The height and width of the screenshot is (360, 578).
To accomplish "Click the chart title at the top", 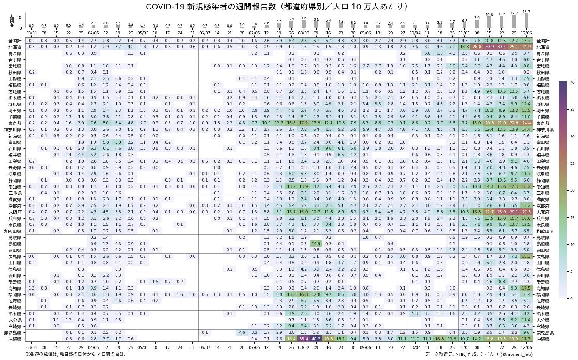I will pyautogui.click(x=277, y=6).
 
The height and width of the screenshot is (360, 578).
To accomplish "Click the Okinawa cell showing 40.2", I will pyautogui.click(x=316, y=339).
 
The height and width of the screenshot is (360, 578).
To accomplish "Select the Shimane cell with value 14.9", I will pyautogui.click(x=316, y=244).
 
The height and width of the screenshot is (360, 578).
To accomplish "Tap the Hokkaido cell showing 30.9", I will pyautogui.click(x=489, y=47).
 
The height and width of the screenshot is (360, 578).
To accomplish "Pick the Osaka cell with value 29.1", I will pyautogui.click(x=514, y=212).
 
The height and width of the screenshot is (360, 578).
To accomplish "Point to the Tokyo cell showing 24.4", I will pyautogui.click(x=526, y=123).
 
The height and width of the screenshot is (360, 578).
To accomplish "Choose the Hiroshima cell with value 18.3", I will pyautogui.click(x=526, y=257).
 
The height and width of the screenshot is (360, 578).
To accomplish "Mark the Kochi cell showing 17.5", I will pyautogui.click(x=526, y=288).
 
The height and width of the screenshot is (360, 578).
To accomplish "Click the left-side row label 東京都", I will pyautogui.click(x=16, y=123).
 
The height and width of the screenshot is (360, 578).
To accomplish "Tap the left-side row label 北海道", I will pyautogui.click(x=16, y=47).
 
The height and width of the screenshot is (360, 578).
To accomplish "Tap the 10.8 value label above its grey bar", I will pyautogui.click(x=489, y=15).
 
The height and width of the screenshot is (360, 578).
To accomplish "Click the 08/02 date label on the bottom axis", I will pyautogui.click(x=303, y=347).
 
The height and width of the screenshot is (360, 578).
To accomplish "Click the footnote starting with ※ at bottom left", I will pyautogui.click(x=75, y=354).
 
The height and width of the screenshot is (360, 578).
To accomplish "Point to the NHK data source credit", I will pyautogui.click(x=479, y=354).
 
